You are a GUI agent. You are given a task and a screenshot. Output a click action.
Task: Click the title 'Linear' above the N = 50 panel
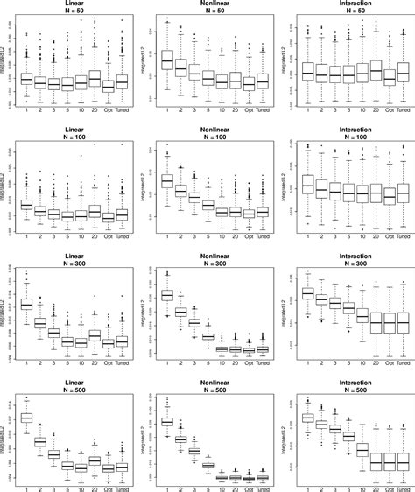point(74,4)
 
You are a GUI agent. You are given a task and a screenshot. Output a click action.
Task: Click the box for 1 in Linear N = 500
point(26,418)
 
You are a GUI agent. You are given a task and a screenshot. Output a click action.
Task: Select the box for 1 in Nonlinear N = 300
point(166,296)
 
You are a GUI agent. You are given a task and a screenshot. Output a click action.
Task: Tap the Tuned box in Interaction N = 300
point(402,323)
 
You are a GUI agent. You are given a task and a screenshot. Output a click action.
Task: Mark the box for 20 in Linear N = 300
point(95,335)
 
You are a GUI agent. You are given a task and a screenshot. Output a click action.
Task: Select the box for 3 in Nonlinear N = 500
point(193,451)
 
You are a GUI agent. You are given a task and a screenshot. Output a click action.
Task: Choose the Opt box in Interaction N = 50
point(389,76)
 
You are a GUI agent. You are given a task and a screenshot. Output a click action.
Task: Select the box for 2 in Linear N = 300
point(40,323)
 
